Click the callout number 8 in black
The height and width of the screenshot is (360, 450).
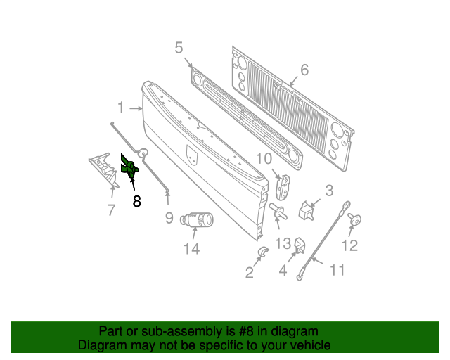137,201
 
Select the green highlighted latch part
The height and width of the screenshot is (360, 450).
129,167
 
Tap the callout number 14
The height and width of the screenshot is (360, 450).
191,249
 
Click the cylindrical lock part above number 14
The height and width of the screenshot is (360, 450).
197,220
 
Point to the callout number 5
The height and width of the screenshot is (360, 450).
179,48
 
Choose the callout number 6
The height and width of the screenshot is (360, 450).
304,70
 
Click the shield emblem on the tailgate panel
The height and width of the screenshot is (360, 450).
192,155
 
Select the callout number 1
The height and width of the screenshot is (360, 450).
121,108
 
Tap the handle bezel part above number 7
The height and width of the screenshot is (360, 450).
104,170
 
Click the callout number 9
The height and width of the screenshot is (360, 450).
169,218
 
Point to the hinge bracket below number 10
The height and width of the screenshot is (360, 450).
283,187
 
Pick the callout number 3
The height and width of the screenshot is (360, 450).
329,191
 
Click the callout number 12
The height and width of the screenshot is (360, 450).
350,245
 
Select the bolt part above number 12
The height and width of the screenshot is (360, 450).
355,219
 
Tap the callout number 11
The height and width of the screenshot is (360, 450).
337,270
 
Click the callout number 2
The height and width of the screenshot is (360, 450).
250,272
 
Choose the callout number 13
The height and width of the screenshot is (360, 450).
283,244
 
